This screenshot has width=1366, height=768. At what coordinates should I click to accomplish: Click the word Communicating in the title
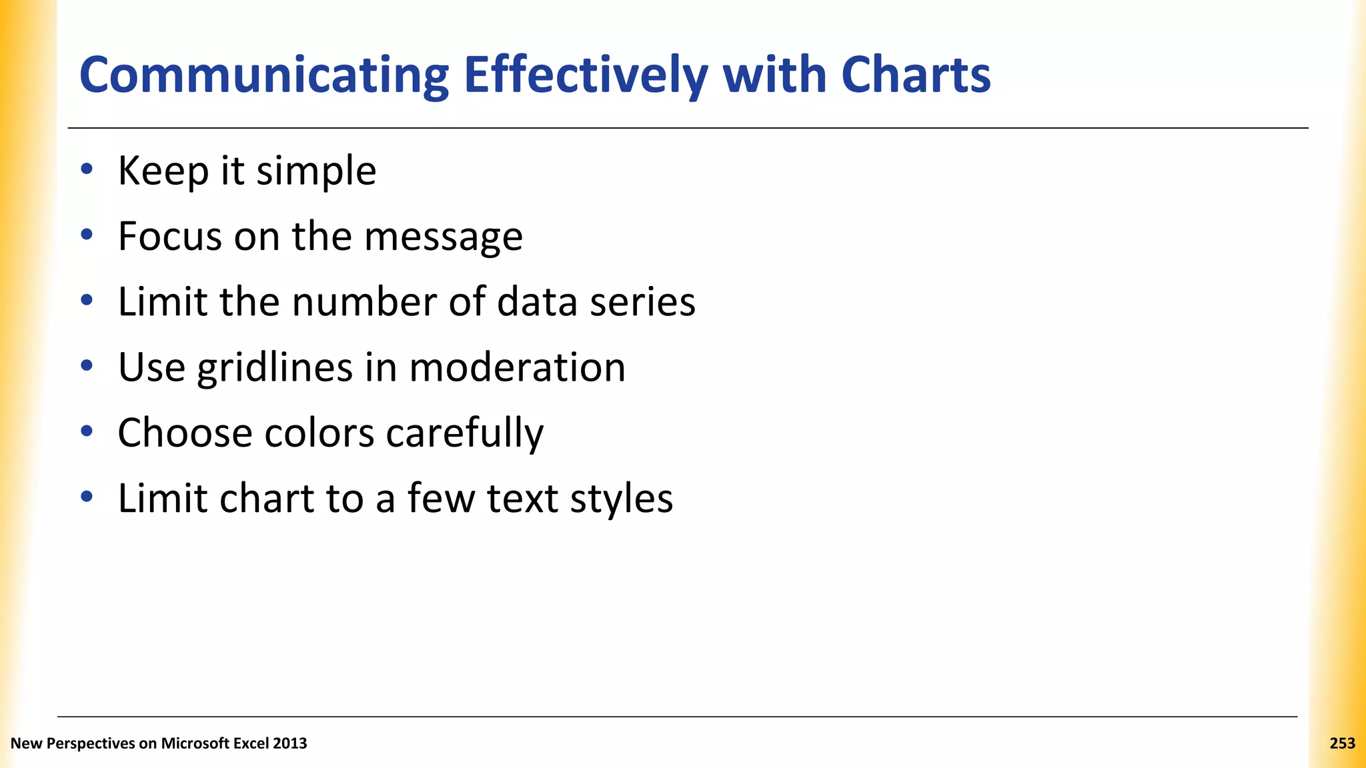264,76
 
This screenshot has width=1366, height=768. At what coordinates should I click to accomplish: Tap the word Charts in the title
916,75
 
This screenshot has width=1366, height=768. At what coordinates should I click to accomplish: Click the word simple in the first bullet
316,172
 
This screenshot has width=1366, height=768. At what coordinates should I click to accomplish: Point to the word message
444,237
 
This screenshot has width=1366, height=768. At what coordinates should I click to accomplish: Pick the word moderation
517,367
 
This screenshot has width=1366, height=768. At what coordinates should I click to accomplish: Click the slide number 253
1342,743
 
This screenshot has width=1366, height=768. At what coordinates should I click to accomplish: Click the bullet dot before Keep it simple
86,169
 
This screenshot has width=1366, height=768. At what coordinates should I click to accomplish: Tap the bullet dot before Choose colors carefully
86,431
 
